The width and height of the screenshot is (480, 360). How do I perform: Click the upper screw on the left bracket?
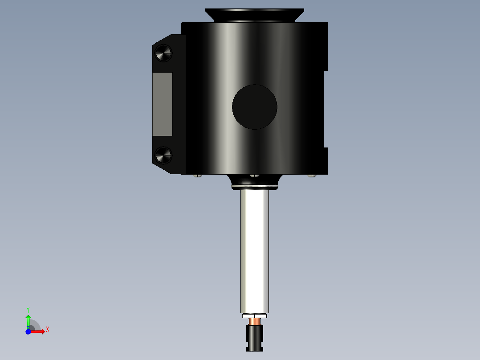[163, 53]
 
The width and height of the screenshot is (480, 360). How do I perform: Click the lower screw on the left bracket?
[163, 155]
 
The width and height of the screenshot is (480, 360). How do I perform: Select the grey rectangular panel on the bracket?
[163, 104]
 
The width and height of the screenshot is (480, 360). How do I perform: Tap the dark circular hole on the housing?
[255, 107]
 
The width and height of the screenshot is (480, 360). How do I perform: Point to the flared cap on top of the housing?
[255, 15]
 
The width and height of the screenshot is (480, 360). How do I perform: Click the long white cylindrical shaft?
[255, 252]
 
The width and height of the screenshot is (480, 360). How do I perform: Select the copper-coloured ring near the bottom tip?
[255, 321]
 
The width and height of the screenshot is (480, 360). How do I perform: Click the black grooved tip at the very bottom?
[255, 338]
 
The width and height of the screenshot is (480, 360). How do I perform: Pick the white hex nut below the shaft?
[255, 316]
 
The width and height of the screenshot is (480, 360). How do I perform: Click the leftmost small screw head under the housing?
[198, 176]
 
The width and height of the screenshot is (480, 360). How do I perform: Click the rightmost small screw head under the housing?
[312, 176]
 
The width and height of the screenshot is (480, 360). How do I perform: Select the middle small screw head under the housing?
[255, 176]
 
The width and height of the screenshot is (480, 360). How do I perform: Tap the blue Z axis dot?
[28, 331]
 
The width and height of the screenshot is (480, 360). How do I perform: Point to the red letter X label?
[47, 330]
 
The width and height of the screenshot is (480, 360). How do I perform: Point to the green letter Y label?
[28, 309]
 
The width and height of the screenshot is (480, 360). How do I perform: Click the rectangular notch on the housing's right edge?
[325, 109]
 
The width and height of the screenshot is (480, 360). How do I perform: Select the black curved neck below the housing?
[255, 180]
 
